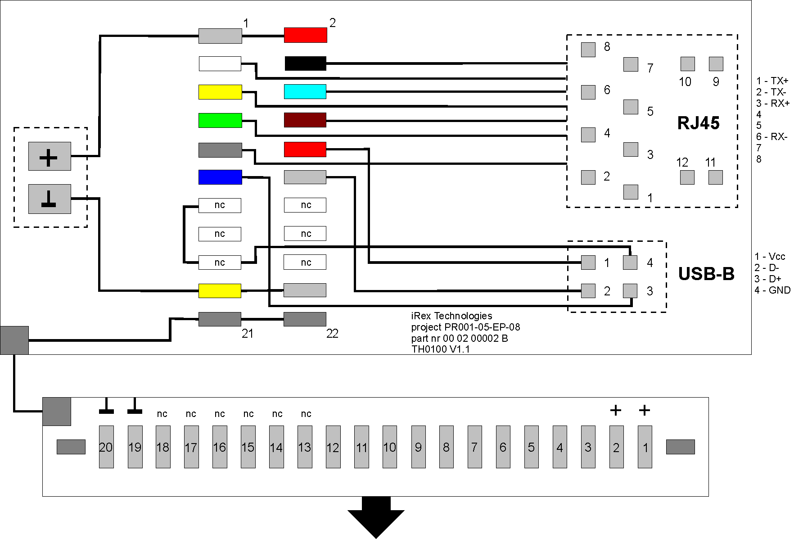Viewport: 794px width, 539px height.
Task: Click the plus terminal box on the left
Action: click(50, 156)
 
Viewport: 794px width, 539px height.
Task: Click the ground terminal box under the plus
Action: click(50, 199)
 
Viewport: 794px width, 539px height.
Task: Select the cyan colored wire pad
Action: click(305, 91)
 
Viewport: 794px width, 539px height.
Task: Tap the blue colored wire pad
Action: click(220, 177)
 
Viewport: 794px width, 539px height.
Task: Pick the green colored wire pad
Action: click(220, 120)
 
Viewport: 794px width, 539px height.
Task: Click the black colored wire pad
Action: click(305, 63)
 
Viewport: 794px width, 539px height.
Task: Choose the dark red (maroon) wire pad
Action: click(305, 120)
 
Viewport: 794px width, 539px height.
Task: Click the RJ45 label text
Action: click(698, 123)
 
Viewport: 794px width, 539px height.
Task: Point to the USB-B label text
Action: click(706, 274)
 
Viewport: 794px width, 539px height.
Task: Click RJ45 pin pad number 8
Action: click(588, 50)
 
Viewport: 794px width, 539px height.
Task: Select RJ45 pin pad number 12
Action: click(687, 177)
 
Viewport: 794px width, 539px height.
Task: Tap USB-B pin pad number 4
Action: click(630, 262)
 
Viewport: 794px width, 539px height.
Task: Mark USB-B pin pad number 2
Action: click(588, 291)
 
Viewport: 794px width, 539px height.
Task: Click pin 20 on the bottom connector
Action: click(106, 447)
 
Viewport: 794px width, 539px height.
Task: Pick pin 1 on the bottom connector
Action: click(645, 447)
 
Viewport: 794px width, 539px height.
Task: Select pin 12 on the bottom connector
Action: click(333, 447)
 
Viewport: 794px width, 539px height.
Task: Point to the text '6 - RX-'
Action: click(771, 137)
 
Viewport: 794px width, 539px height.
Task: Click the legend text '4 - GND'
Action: click(772, 290)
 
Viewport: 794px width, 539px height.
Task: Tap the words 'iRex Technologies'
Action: click(451, 316)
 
